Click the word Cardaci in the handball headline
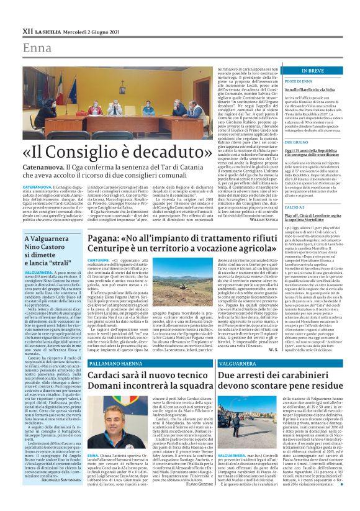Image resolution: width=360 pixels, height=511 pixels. click(114, 376)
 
